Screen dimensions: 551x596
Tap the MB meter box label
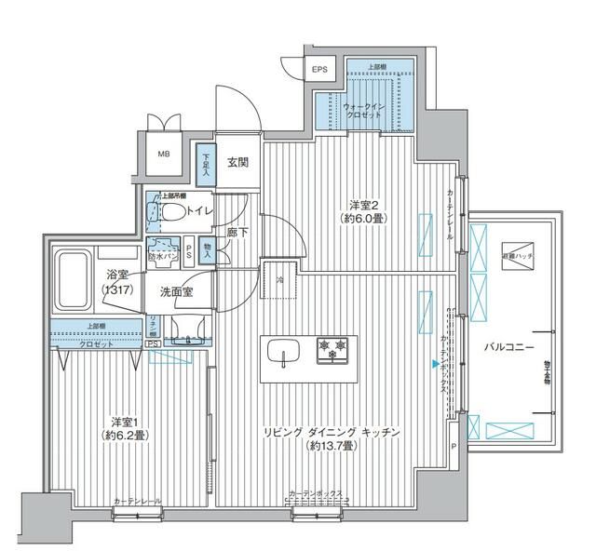coord(163,155)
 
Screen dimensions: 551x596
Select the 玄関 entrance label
coord(237,163)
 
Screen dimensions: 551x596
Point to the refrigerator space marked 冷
coord(278,278)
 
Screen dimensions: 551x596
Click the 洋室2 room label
coord(363,211)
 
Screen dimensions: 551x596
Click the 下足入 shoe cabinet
coord(205,164)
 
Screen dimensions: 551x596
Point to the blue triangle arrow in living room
coord(434,364)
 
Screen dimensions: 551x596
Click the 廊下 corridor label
coord(238,233)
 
